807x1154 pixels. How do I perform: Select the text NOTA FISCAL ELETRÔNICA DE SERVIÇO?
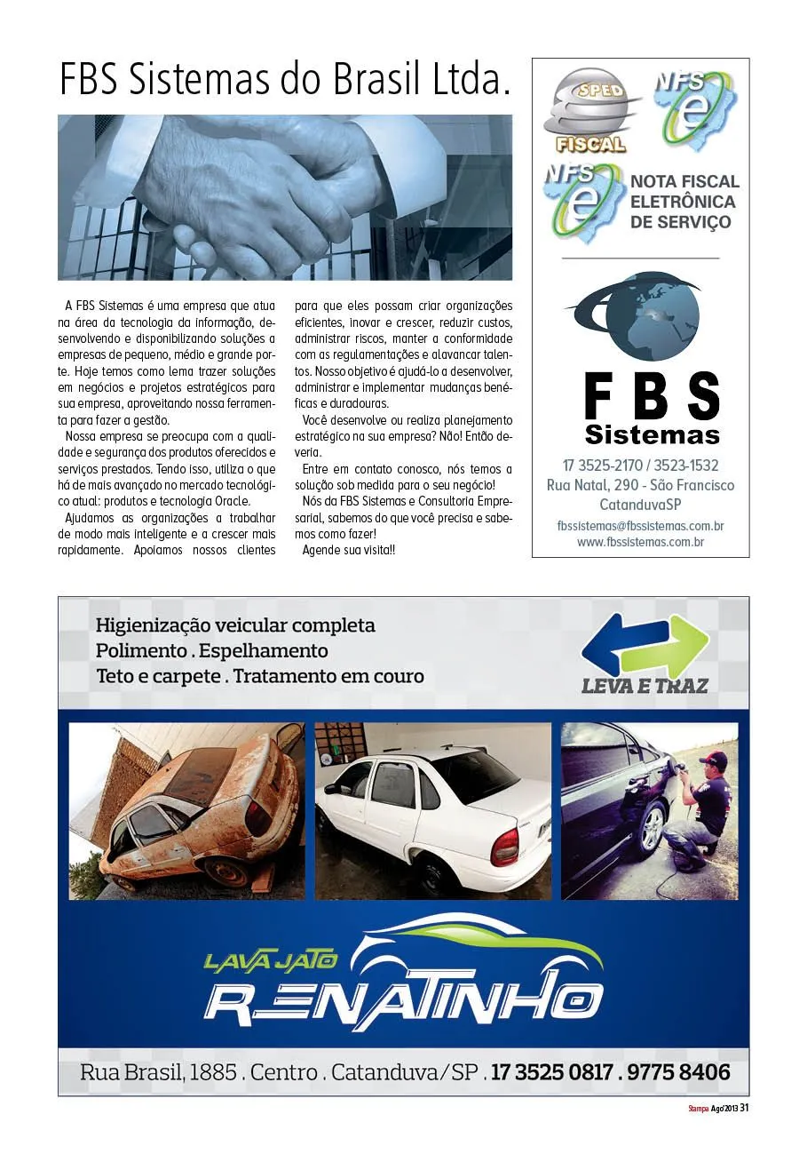[x=683, y=202]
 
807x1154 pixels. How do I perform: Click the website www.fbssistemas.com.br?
[x=640, y=542]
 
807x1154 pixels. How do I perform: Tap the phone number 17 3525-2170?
[x=599, y=465]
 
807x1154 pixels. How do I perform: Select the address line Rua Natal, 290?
[x=591, y=485]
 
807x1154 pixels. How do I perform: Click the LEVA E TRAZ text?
[x=645, y=686]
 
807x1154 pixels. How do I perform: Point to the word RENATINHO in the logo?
[x=404, y=998]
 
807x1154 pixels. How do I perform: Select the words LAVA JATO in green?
[x=270, y=960]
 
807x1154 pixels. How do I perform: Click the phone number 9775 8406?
[x=678, y=1072]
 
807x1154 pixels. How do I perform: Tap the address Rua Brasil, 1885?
[x=160, y=1072]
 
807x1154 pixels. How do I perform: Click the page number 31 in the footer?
[x=745, y=1107]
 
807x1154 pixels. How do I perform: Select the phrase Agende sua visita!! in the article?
[x=349, y=551]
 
